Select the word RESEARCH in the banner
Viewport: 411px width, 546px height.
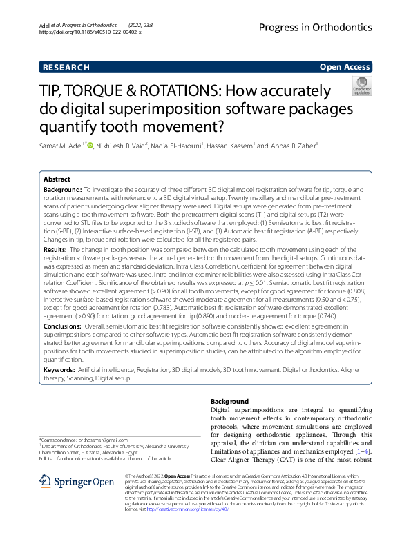click(66, 68)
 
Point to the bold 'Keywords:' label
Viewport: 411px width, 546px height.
click(59, 371)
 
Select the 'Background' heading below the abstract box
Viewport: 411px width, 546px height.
click(229, 401)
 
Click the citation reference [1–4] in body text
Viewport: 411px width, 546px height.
click(363, 451)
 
